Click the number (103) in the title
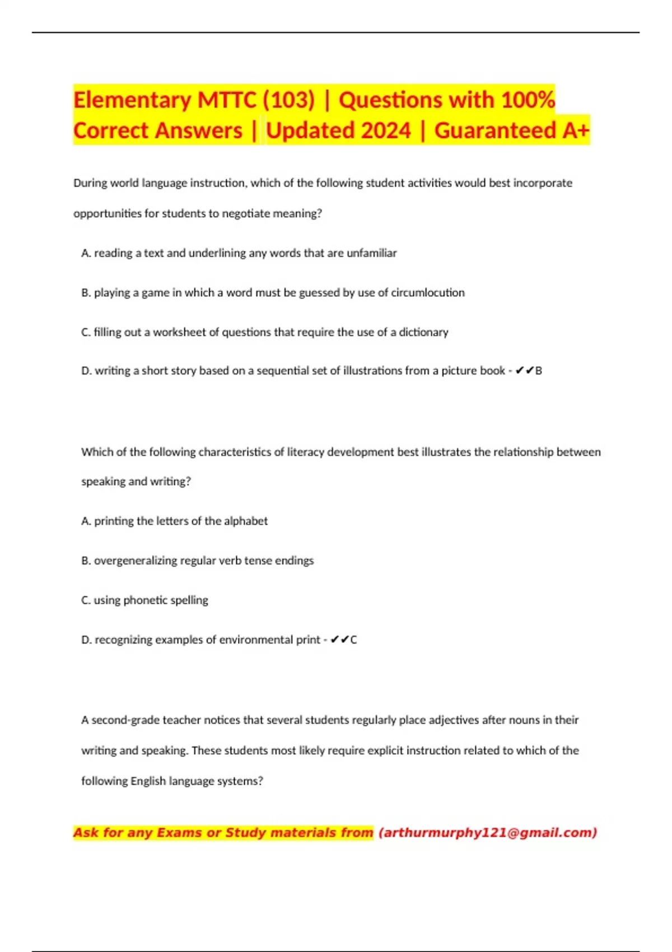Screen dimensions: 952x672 tap(288, 100)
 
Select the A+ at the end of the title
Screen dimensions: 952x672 tap(576, 130)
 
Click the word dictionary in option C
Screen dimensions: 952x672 tap(423, 332)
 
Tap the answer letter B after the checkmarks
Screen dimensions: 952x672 tap(539, 371)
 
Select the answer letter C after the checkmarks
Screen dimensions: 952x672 tap(353, 640)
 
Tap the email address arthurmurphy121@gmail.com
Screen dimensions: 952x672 tap(488, 833)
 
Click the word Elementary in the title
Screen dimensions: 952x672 tap(132, 100)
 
